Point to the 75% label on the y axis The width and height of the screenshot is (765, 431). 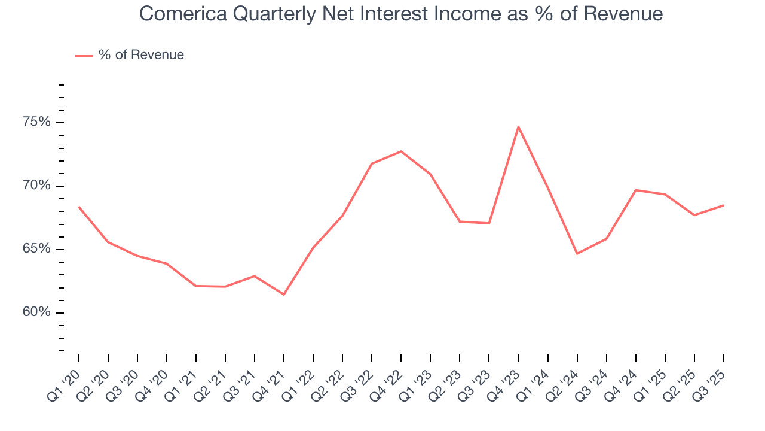[36, 123]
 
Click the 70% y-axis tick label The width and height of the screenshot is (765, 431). [36, 186]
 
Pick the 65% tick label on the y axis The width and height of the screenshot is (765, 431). [36, 250]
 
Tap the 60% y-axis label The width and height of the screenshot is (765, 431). [36, 313]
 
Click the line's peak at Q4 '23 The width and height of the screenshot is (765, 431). [518, 126]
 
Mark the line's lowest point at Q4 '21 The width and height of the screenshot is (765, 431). [284, 295]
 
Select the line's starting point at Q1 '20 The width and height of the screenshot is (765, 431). [78, 207]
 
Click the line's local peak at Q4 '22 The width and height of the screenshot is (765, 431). [401, 151]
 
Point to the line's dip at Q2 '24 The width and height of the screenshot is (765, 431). [577, 254]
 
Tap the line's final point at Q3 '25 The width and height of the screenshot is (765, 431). [723, 205]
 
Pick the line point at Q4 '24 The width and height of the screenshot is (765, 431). [635, 190]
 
